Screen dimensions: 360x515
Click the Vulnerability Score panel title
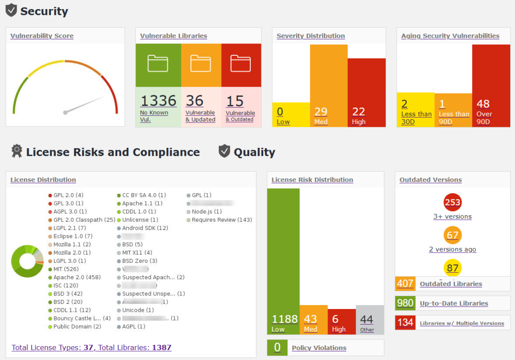42,36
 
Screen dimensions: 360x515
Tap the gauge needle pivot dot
65,113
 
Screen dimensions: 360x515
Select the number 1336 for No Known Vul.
158,101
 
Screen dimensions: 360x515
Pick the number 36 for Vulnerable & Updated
195,101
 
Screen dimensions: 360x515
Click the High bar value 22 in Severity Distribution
359,112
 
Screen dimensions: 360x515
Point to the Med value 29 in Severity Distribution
321,112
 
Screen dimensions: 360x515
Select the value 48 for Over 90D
483,104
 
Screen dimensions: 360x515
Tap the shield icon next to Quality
224,152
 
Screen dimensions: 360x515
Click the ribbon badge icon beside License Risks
17,151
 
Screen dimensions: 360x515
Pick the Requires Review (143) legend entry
222,220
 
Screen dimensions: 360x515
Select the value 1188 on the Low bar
284,319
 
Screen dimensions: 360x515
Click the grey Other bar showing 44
370,319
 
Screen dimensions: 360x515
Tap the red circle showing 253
452,202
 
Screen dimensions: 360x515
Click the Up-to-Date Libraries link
453,303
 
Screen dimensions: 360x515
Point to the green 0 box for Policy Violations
277,348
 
